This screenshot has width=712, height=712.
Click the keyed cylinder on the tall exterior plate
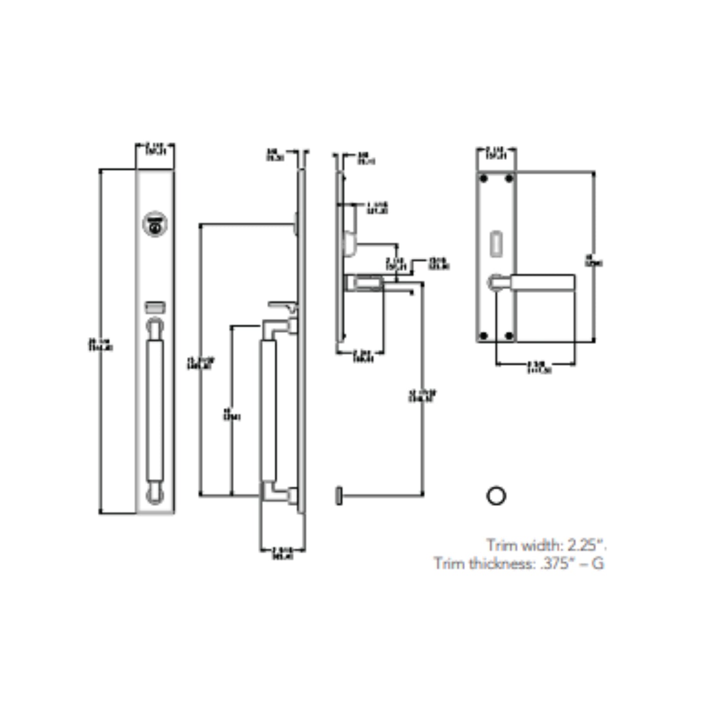pyautogui.click(x=155, y=224)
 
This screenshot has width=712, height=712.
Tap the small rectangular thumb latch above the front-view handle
pyautogui.click(x=155, y=307)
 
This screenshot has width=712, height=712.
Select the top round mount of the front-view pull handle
pyautogui.click(x=155, y=327)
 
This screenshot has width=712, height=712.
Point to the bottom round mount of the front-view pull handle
pyautogui.click(x=155, y=495)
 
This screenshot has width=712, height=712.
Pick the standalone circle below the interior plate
pyautogui.click(x=496, y=496)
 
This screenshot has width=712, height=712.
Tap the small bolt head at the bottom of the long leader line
pyautogui.click(x=339, y=495)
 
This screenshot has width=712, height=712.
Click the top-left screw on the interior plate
pyautogui.click(x=484, y=178)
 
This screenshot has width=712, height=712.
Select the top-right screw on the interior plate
pyautogui.click(x=509, y=178)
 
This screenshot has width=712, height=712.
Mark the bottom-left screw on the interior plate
pyautogui.click(x=484, y=336)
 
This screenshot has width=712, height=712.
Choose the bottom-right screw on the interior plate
pyautogui.click(x=509, y=336)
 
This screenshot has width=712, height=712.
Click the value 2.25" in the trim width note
pyautogui.click(x=586, y=545)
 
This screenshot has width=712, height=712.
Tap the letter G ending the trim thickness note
pyautogui.click(x=598, y=563)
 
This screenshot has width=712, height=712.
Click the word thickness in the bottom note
pyautogui.click(x=502, y=563)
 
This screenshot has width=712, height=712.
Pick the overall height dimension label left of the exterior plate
pyautogui.click(x=101, y=344)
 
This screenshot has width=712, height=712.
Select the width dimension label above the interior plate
pyautogui.click(x=496, y=153)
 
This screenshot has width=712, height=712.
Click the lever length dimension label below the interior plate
pyautogui.click(x=539, y=368)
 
